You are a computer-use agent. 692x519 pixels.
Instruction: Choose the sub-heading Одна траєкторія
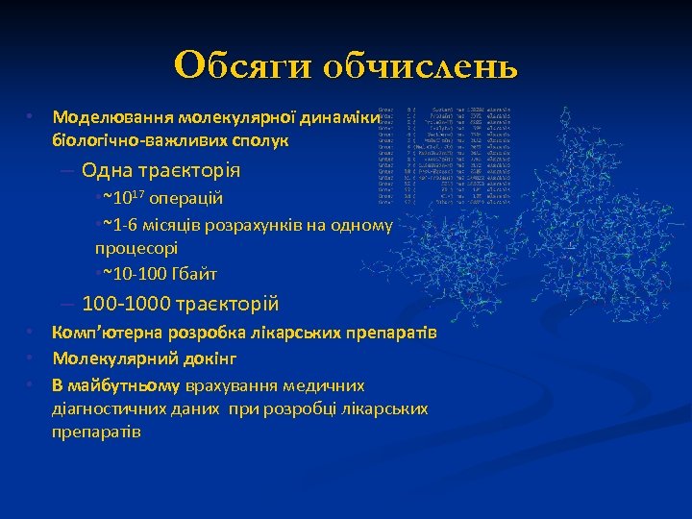tap(161, 171)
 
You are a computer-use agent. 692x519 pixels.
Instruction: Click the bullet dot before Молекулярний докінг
tap(31, 358)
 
